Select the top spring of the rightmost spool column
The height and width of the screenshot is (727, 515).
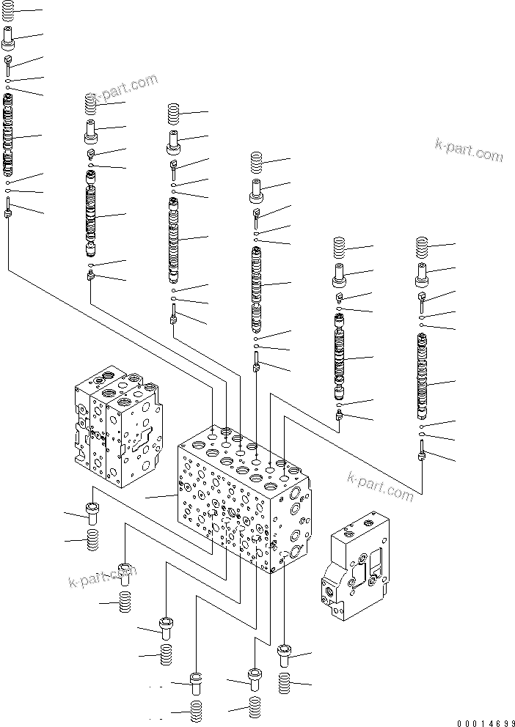point(422,247)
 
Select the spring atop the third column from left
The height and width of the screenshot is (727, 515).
point(173,115)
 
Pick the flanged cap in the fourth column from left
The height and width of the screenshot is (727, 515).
point(256,190)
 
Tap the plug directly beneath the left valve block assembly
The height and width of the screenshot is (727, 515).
point(92,513)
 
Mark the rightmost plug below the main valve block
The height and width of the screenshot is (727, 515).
point(285,654)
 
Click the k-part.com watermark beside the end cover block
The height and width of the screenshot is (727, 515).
point(381,487)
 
